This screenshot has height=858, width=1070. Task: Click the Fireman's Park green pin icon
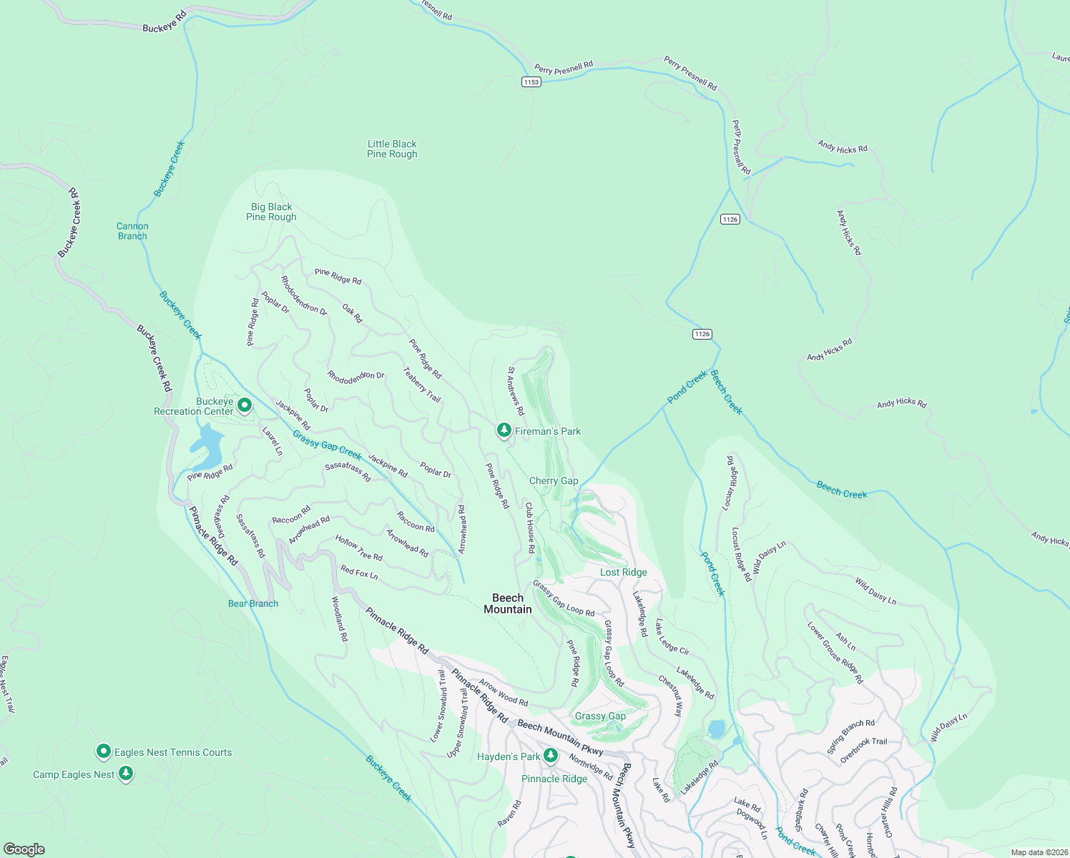click(504, 430)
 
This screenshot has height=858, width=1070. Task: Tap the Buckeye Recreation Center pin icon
click(244, 406)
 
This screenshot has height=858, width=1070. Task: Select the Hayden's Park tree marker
click(550, 755)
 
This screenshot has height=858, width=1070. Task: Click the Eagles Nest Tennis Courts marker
click(104, 751)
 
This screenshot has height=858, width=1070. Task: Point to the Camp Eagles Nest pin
click(126, 774)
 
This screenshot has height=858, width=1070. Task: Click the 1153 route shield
click(531, 82)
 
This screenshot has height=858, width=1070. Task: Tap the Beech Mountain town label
click(508, 603)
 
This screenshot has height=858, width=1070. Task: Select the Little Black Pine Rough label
click(392, 149)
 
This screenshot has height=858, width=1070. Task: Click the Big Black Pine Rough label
click(271, 212)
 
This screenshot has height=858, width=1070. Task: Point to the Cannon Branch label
click(132, 231)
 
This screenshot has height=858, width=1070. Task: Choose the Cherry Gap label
click(554, 480)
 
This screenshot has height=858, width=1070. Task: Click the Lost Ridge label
click(624, 572)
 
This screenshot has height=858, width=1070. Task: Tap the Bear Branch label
click(253, 603)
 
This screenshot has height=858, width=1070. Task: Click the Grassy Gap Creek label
click(327, 445)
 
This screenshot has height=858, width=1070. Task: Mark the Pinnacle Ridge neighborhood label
click(554, 779)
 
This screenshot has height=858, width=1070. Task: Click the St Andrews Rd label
click(516, 391)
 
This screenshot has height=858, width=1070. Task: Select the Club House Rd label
click(530, 528)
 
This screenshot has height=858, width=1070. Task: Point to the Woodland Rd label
click(340, 618)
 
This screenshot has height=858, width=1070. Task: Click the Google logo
click(24, 849)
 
